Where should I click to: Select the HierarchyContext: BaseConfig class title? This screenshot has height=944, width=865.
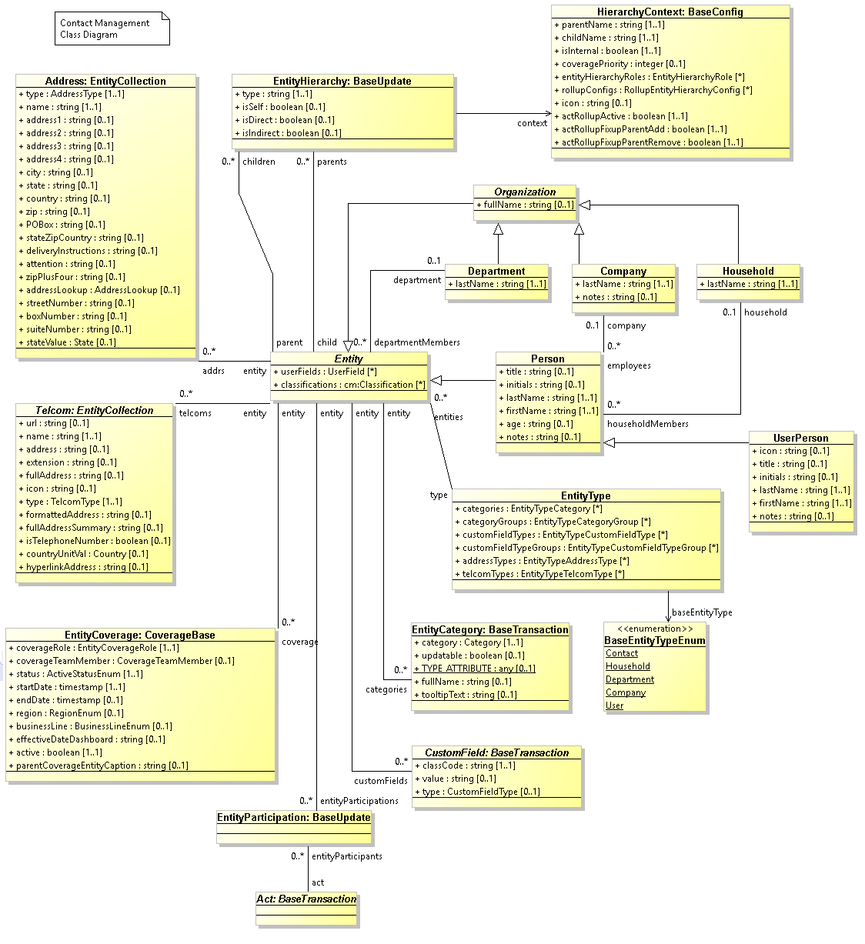click(670, 12)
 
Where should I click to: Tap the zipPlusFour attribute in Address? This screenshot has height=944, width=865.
click(71, 277)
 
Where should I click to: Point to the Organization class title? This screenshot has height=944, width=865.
click(525, 192)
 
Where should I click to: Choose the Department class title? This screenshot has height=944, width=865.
click(496, 271)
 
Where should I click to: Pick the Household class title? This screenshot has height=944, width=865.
click(748, 271)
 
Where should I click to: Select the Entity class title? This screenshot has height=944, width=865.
click(349, 359)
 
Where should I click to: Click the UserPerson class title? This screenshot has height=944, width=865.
click(801, 438)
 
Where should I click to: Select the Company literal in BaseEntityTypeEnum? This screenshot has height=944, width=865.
click(626, 692)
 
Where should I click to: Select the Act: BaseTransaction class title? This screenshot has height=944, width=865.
click(306, 899)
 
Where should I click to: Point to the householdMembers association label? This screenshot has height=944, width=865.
click(647, 424)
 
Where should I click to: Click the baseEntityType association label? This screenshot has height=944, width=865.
click(702, 612)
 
